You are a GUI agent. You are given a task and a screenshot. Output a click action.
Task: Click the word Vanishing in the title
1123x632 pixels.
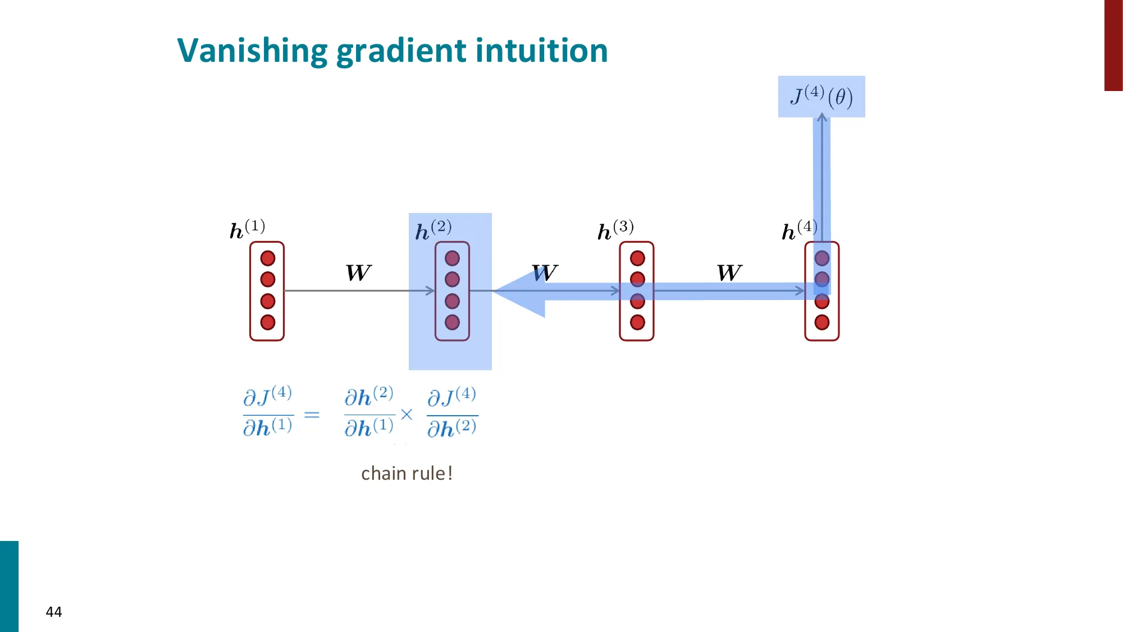point(252,51)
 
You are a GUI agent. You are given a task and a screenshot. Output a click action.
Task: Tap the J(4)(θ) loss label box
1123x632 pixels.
point(821,97)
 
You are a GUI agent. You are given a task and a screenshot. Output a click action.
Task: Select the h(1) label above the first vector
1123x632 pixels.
point(247,229)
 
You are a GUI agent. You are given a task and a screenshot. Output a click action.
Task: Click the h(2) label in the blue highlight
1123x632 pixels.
point(433,230)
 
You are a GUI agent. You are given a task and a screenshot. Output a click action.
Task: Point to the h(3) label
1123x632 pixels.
point(615,230)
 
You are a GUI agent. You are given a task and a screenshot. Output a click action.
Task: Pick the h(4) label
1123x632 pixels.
point(799,230)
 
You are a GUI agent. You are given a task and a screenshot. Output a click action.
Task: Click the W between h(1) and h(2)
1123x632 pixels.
point(358,273)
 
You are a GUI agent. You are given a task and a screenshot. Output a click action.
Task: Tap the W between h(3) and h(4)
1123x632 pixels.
point(729,273)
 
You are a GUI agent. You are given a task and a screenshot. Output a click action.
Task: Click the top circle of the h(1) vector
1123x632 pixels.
point(268,258)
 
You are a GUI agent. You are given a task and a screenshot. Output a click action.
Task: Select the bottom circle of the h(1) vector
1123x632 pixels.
point(268,322)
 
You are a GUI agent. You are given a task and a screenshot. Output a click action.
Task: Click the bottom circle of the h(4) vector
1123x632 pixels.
point(822,322)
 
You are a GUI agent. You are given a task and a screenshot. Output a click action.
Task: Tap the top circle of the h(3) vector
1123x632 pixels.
point(637,258)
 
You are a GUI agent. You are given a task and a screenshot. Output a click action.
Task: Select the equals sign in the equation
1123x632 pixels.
point(312,415)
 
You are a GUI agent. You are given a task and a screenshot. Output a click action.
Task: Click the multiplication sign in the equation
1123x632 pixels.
point(407,415)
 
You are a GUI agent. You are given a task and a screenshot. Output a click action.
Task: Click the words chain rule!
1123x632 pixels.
point(407,474)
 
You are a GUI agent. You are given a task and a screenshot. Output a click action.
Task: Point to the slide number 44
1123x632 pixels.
point(54,612)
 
